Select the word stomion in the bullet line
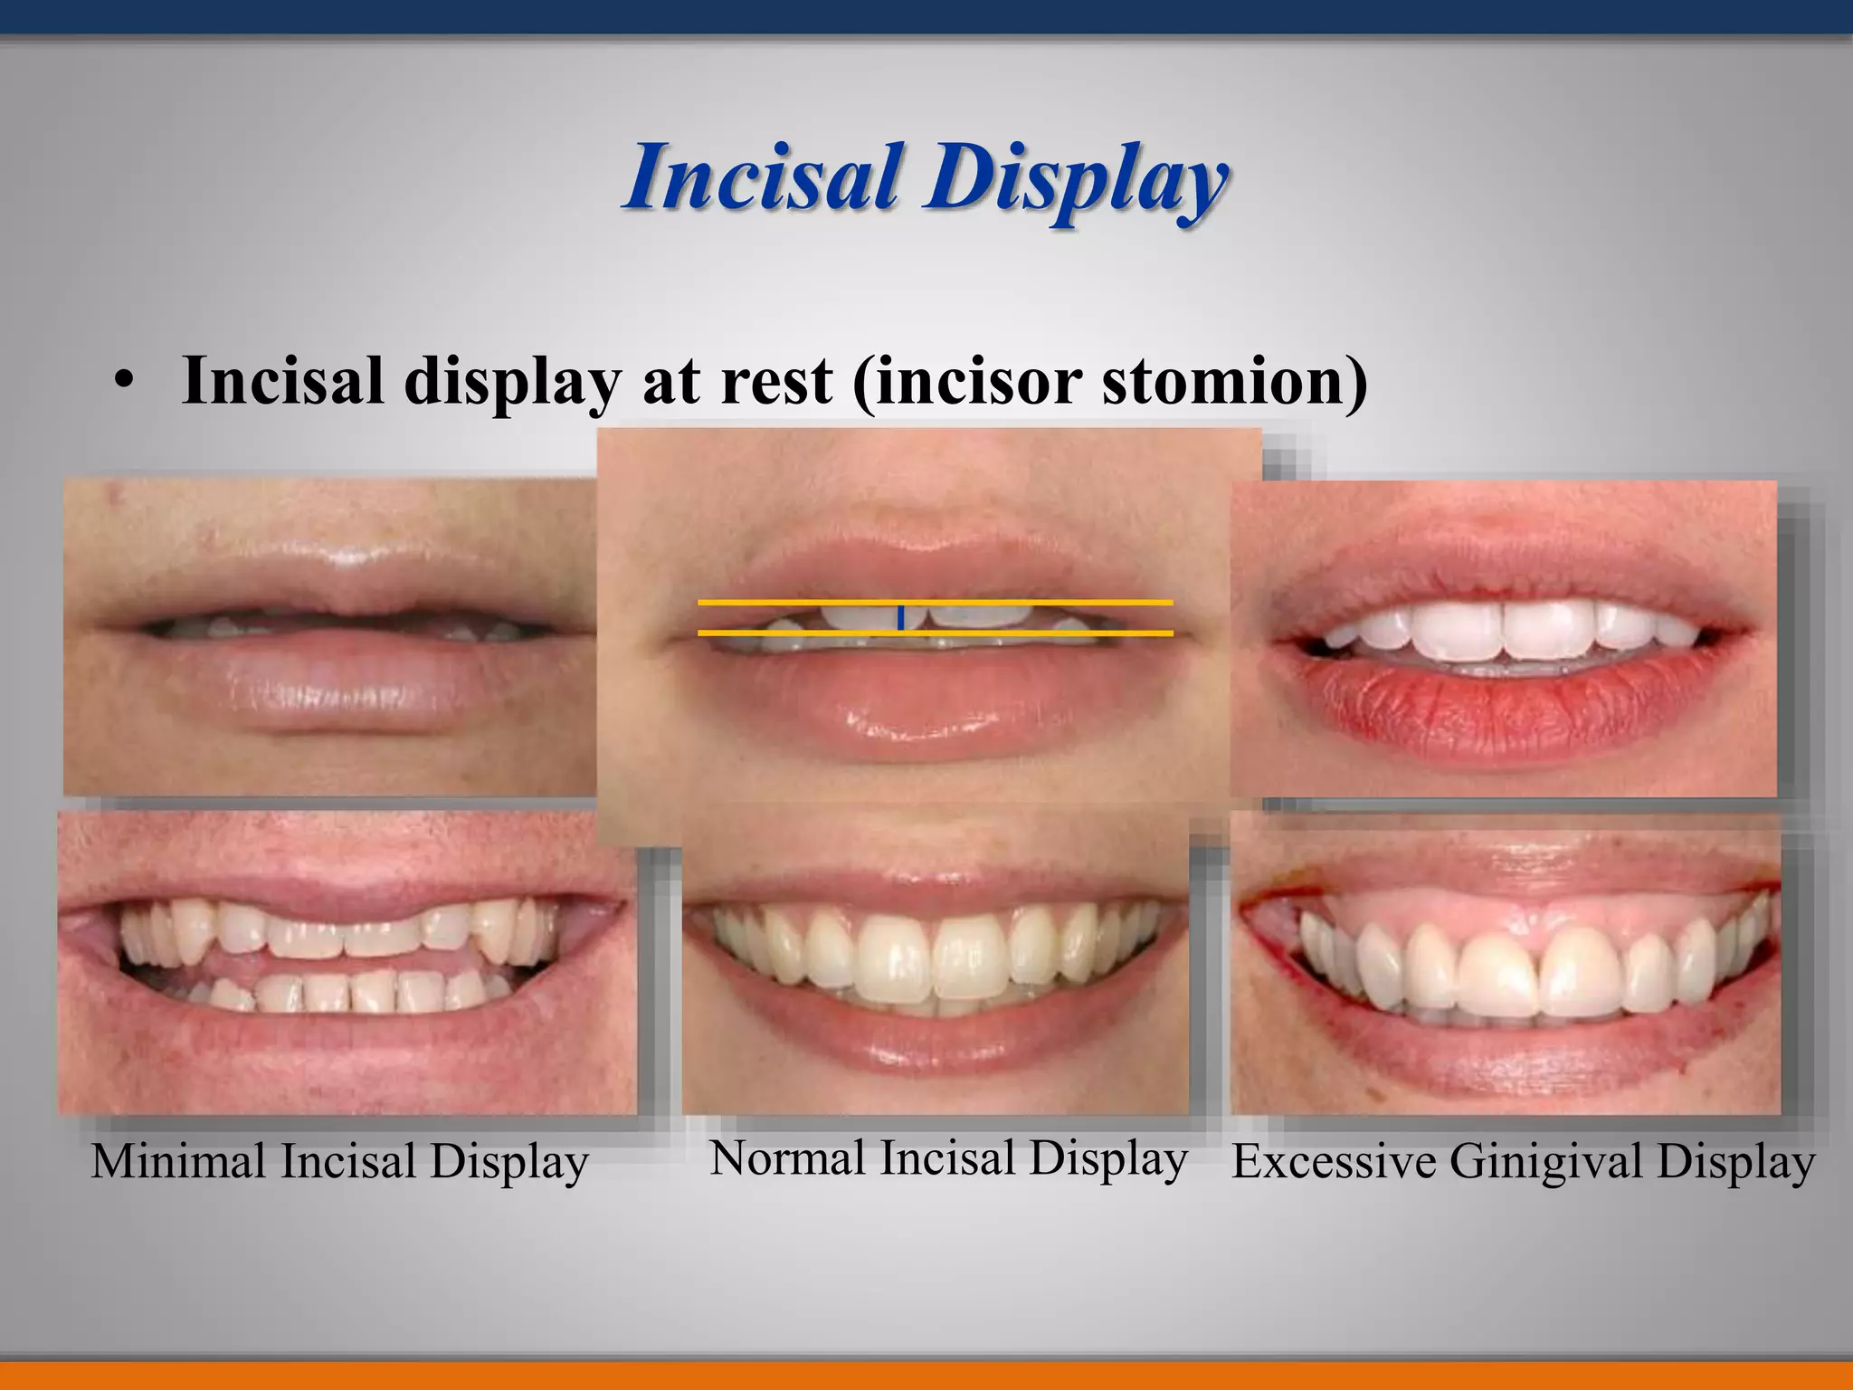click(x=1234, y=381)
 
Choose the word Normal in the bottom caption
click(x=787, y=1158)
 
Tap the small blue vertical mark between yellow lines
click(x=900, y=618)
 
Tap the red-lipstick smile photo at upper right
click(x=1503, y=638)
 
